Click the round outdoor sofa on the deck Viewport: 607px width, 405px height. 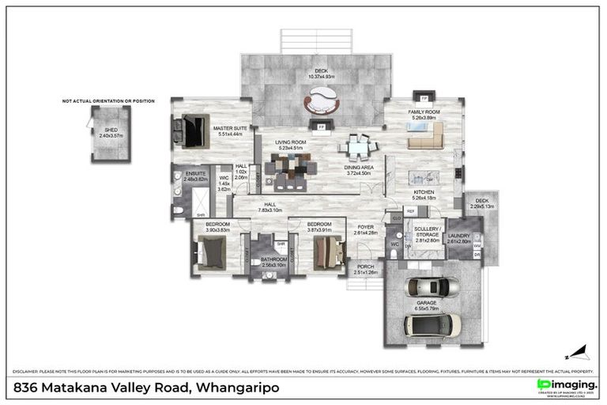click(322, 100)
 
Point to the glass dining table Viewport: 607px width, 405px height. click(358, 146)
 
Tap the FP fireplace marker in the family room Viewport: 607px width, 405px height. click(424, 98)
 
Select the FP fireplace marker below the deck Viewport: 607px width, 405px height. click(322, 127)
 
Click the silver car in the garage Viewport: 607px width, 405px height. click(427, 287)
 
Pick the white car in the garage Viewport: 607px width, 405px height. click(428, 324)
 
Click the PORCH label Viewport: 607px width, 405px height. click(365, 269)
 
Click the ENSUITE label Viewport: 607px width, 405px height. click(195, 176)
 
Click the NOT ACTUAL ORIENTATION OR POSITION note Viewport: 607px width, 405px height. click(109, 101)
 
